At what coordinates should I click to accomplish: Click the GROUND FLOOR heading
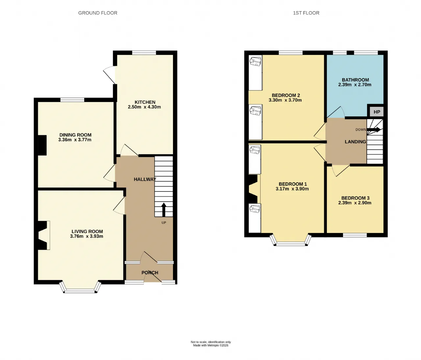(x=98, y=13)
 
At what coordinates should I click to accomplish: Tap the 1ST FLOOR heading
(x=306, y=13)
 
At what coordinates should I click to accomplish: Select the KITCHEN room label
(x=145, y=102)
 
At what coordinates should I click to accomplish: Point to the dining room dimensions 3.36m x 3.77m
(x=75, y=140)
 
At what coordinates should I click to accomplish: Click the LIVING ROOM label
(x=87, y=231)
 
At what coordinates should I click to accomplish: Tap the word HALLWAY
(x=145, y=179)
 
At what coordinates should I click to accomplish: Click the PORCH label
(x=150, y=272)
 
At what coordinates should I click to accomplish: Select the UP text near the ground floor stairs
(x=164, y=223)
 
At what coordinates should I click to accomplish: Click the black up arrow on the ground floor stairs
(x=164, y=210)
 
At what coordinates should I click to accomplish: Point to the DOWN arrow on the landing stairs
(x=374, y=130)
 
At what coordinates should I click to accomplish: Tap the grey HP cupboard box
(x=377, y=112)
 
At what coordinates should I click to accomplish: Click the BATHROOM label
(x=355, y=80)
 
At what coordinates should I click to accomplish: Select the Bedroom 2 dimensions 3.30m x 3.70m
(x=285, y=100)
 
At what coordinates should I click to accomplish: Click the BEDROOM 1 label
(x=292, y=184)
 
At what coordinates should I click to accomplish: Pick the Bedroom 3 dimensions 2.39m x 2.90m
(x=355, y=203)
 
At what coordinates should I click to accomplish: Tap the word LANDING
(x=355, y=142)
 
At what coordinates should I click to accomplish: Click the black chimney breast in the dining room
(x=42, y=145)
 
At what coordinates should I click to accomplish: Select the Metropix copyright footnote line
(x=210, y=345)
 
